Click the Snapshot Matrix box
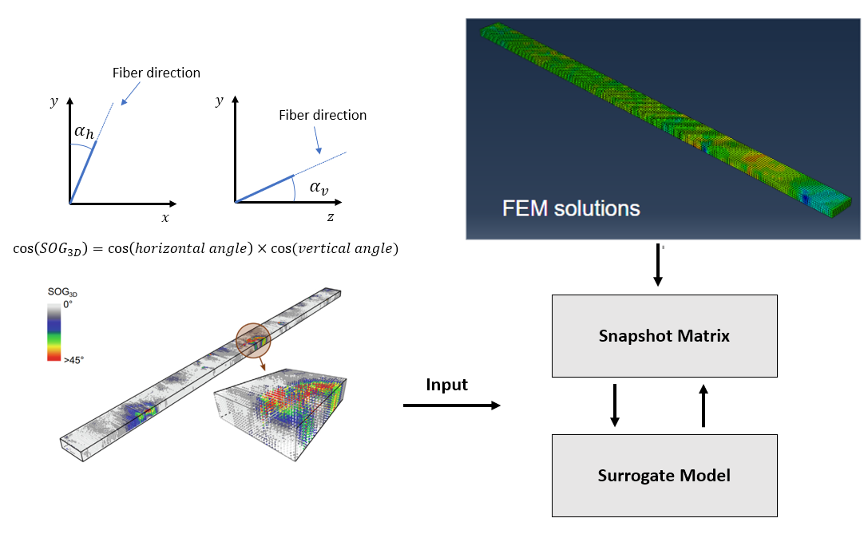[664, 336]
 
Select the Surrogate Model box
[664, 476]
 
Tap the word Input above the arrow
[446, 385]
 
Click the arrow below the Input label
[451, 406]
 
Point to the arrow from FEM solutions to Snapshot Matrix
[658, 266]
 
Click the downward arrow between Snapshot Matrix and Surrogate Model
[615, 405]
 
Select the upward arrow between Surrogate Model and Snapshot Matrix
[704, 405]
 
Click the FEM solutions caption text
[571, 209]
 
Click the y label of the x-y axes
[54, 101]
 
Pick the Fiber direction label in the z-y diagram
[323, 116]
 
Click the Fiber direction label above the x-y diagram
[157, 73]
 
